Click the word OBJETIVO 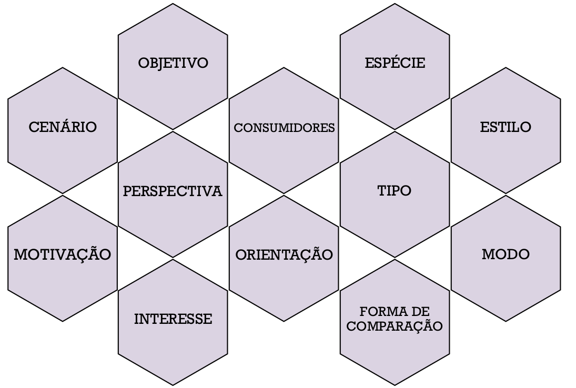tap(173, 64)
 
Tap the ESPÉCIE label tap(395, 64)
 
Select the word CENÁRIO tap(63, 127)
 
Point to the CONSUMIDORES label tap(284, 128)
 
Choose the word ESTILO tap(506, 127)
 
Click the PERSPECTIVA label tap(173, 191)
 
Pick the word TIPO tap(395, 191)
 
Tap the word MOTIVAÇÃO tap(63, 255)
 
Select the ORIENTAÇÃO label tap(284, 255)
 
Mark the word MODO tap(506, 255)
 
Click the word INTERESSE tap(173, 319)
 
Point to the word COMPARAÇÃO tap(395, 326)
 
